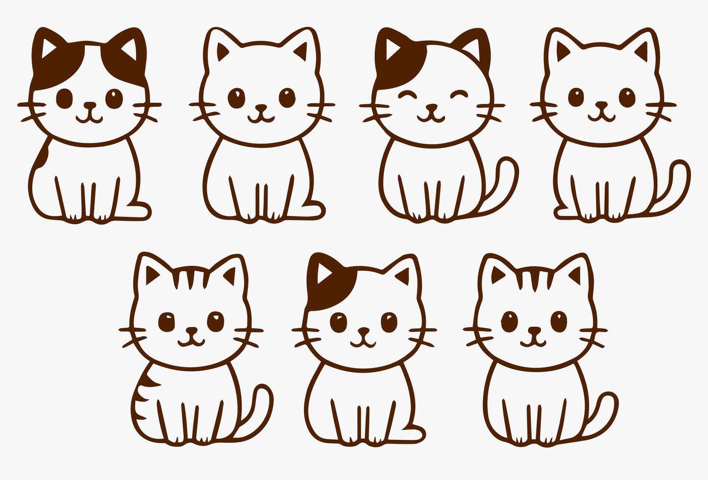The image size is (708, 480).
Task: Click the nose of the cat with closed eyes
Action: (x=431, y=106)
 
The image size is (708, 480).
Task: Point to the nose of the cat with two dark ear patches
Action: (x=90, y=105)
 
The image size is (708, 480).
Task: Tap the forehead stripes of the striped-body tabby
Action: (x=192, y=279)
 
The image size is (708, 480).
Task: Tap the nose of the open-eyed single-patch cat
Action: (x=363, y=332)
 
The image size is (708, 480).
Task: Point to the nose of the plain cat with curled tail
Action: (x=601, y=105)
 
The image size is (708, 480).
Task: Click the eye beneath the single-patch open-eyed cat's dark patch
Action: (x=338, y=321)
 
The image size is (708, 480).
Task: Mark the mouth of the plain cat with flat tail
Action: (x=261, y=117)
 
